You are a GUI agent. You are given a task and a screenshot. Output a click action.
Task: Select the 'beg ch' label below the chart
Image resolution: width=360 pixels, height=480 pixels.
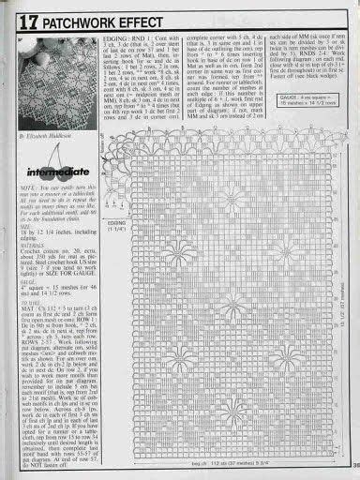[197, 467]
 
